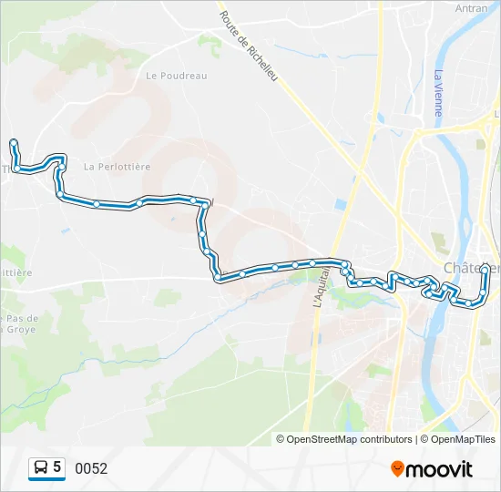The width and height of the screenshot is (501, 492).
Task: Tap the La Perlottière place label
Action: [117, 167]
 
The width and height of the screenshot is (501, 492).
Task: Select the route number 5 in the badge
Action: [57, 467]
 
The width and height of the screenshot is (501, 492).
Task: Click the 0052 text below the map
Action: [91, 469]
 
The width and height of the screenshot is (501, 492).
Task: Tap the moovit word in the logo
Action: [440, 469]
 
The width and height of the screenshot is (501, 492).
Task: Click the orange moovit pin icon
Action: [398, 469]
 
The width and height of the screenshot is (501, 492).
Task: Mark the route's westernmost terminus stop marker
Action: [13, 142]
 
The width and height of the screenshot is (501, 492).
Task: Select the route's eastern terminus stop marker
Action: [485, 267]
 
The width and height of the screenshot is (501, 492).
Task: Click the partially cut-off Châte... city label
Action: [472, 268]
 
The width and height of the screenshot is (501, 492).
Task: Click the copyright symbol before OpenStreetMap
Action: [281, 439]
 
